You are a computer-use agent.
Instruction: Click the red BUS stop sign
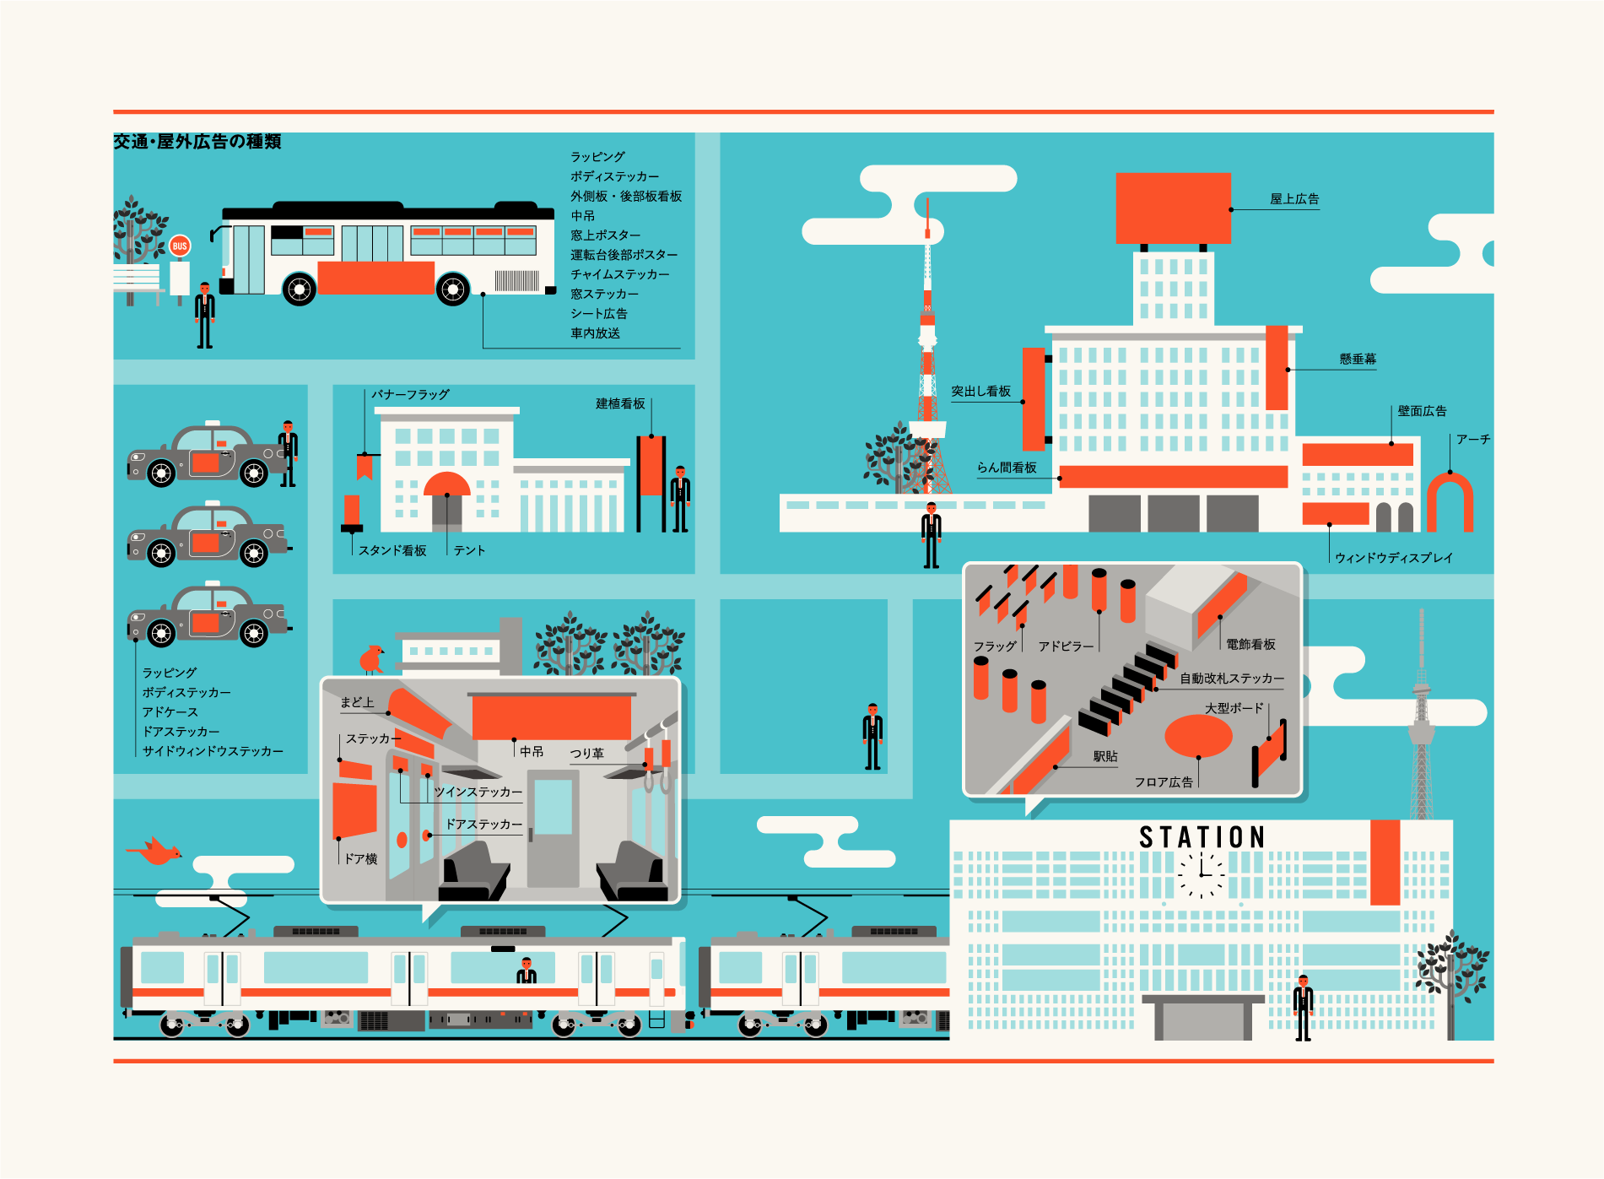(x=180, y=246)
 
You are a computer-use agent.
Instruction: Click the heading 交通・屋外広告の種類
(x=197, y=142)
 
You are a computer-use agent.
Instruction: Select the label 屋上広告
(x=1294, y=199)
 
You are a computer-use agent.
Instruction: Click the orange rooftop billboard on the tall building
(x=1173, y=208)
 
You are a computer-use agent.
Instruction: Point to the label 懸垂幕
(x=1358, y=360)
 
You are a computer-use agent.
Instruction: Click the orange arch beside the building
(x=1450, y=501)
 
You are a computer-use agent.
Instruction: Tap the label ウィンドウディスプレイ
(x=1394, y=558)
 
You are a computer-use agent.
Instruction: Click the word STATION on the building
(x=1202, y=837)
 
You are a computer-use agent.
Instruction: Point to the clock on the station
(x=1202, y=874)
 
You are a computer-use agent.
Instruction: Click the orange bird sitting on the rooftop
(x=371, y=658)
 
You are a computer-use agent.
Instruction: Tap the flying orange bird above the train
(x=155, y=851)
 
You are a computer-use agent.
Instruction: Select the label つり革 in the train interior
(x=586, y=754)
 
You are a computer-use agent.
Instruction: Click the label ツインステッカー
(x=478, y=792)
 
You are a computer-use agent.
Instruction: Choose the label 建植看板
(x=620, y=404)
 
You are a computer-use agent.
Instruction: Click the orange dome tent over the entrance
(x=446, y=484)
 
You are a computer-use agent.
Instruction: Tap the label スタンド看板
(x=392, y=551)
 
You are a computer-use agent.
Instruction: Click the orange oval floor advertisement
(x=1198, y=736)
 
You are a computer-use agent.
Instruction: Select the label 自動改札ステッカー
(x=1232, y=679)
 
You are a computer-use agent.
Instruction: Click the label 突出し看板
(x=980, y=392)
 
